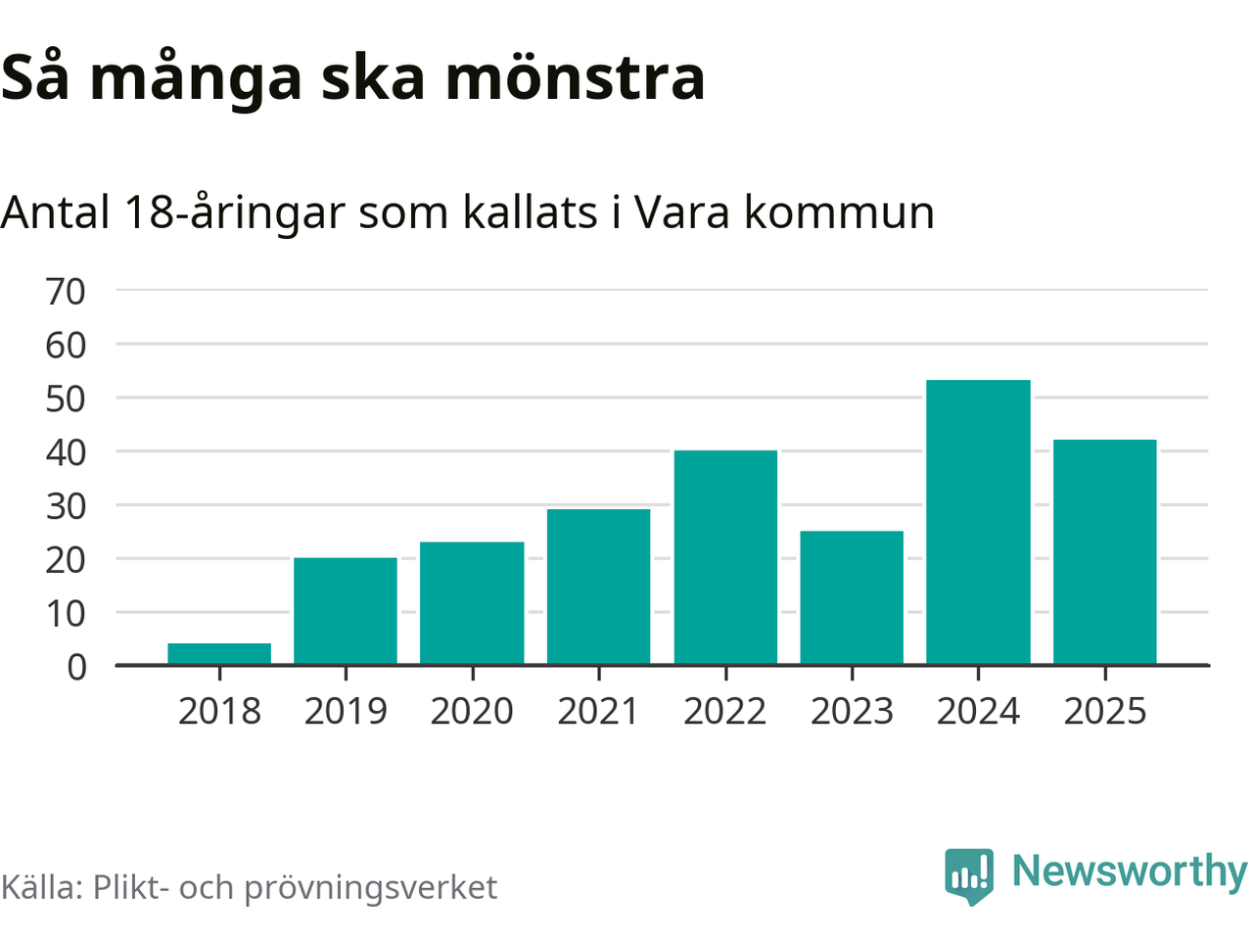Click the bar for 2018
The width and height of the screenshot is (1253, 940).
(219, 654)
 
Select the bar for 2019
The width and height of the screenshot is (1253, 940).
(346, 611)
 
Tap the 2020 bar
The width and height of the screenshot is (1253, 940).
(472, 603)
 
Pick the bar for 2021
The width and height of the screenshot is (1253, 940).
(598, 587)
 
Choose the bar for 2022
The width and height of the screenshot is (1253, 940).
(725, 557)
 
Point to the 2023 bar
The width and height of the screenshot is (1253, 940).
(852, 597)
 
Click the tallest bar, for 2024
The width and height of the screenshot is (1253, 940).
(978, 522)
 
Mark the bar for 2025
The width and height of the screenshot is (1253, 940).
(1104, 552)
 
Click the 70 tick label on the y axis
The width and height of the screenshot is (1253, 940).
(66, 291)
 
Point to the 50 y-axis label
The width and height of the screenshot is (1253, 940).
(66, 399)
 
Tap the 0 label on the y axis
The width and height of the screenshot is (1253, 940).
(76, 667)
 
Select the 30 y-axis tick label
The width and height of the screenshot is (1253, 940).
(66, 506)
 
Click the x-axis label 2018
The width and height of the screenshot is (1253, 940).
(219, 711)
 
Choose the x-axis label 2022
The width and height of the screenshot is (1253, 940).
(725, 711)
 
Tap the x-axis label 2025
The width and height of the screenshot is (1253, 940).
(1104, 711)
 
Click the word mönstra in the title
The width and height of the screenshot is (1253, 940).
(575, 77)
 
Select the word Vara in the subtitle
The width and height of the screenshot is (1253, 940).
(681, 211)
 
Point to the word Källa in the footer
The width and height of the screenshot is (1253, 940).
(41, 887)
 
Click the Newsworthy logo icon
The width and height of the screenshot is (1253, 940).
(969, 874)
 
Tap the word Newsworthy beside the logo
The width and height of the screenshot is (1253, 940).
(1129, 870)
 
